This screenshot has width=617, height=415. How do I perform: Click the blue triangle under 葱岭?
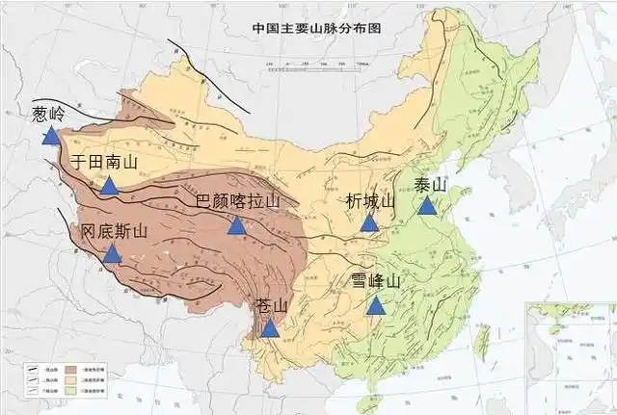click(50, 137)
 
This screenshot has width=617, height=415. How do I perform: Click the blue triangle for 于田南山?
click(110, 186)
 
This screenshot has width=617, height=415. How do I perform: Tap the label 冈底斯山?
click(113, 231)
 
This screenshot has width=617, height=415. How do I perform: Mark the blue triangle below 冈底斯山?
click(113, 254)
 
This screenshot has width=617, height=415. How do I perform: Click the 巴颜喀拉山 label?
click(236, 201)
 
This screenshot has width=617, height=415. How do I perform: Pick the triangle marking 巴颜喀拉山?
click(236, 225)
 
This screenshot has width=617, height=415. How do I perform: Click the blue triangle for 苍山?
click(271, 327)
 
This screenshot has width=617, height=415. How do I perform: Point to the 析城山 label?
click(370, 201)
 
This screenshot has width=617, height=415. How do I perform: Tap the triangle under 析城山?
click(369, 223)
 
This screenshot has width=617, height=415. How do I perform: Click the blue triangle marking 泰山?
click(427, 205)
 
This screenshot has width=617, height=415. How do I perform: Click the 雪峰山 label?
click(375, 282)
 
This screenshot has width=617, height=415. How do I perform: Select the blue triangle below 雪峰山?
click(375, 306)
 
